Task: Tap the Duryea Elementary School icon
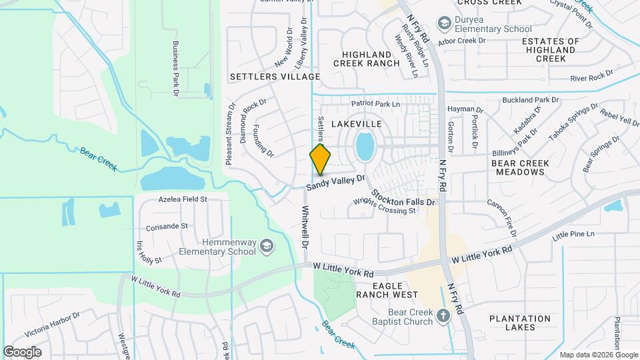point(443,25)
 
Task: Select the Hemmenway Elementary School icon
point(267,247)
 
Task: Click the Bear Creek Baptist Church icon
point(445,317)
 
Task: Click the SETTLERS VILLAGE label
point(275,77)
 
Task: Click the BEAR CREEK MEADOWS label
point(520,167)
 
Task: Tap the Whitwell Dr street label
point(305,227)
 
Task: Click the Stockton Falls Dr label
point(403,196)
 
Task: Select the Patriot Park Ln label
point(375,104)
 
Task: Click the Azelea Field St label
point(183,199)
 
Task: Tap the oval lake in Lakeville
point(364,146)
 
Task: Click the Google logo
point(22,351)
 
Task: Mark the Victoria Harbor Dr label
point(52,323)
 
